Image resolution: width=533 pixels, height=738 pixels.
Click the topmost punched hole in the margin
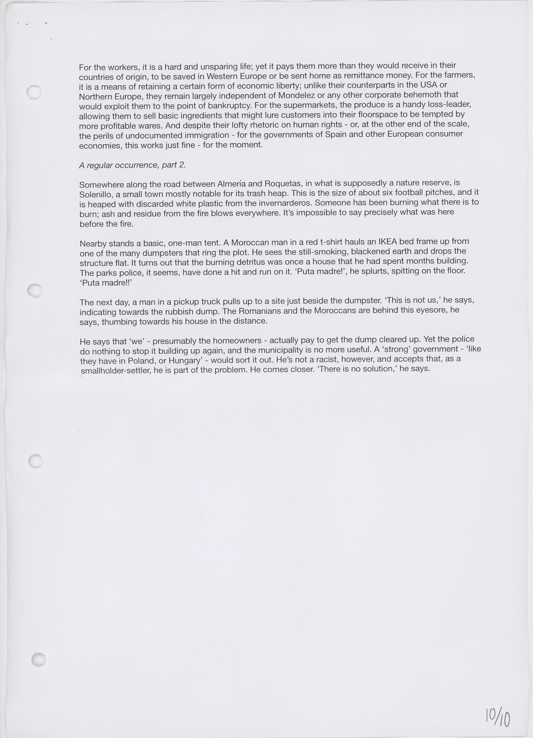tap(34, 92)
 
